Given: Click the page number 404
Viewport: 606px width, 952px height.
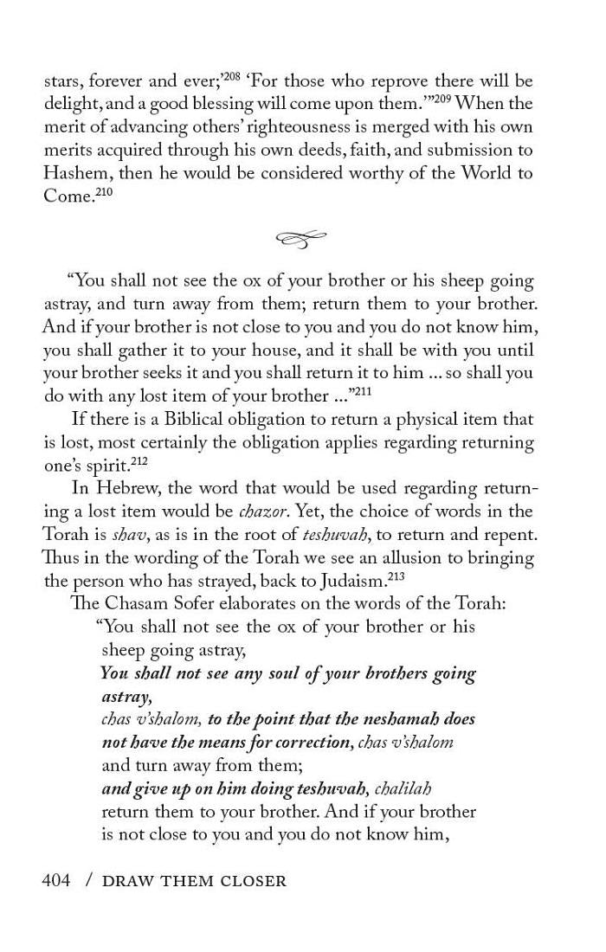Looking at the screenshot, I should [56, 881].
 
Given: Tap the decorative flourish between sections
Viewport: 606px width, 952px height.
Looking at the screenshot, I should [301, 238].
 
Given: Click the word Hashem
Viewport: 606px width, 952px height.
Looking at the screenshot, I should [76, 173].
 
